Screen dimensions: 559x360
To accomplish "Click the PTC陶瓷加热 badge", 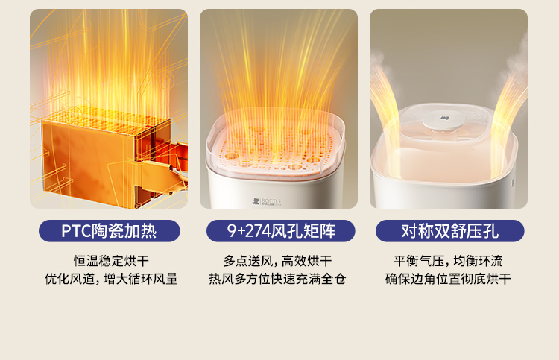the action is (x=110, y=231).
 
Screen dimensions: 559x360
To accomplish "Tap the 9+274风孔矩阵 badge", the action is (x=280, y=231).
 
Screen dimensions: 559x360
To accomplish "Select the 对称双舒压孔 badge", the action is (x=450, y=231).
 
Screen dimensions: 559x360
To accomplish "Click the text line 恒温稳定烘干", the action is (x=111, y=261).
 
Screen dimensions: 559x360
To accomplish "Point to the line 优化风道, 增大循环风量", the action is (x=111, y=279).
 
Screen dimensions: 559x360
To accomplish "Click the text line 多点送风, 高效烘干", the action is (x=278, y=261).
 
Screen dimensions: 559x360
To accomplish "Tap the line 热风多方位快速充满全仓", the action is (x=277, y=279).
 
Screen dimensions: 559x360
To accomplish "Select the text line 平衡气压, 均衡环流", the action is (x=448, y=261).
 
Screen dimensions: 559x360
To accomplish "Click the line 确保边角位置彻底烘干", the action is (x=448, y=279).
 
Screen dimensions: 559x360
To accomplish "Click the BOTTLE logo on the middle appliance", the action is (x=267, y=202).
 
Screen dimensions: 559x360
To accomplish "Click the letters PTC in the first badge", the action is (x=76, y=231).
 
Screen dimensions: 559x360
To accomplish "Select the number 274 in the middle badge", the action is (x=257, y=231).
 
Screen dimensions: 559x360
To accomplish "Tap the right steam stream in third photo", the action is (x=509, y=110).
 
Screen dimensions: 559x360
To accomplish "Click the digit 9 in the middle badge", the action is (x=232, y=231).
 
